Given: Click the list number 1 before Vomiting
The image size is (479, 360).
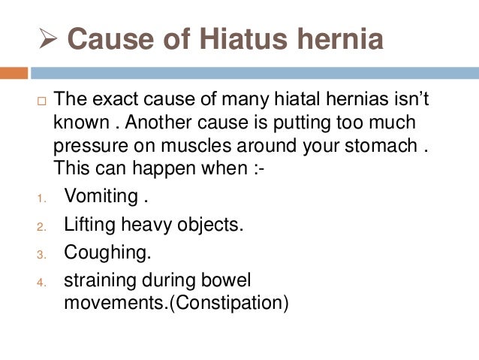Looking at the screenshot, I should (41, 199).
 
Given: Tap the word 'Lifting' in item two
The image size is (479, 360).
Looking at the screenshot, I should (86, 224).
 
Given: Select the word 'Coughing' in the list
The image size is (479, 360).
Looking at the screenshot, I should (99, 252).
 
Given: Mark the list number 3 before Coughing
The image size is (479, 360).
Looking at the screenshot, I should (41, 254).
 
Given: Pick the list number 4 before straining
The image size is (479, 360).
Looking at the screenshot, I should (41, 283).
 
